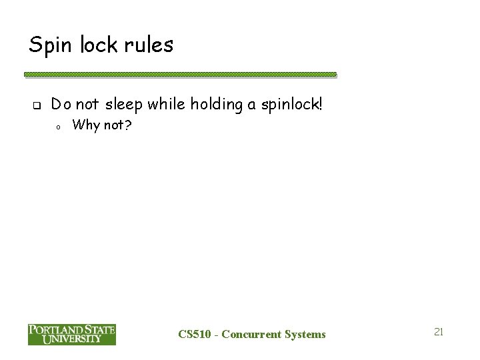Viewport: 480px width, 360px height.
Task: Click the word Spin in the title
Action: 50,45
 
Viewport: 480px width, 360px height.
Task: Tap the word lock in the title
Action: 100,45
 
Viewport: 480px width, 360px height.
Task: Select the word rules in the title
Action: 151,45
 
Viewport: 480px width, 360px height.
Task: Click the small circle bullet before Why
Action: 59,125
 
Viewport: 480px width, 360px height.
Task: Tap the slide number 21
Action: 438,331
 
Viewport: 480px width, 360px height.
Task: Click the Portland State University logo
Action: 72,334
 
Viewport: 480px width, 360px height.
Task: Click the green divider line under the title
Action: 180,75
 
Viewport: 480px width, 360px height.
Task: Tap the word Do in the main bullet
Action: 59,104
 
